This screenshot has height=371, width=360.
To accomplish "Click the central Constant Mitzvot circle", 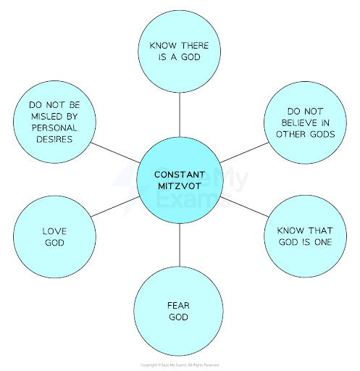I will (180, 181).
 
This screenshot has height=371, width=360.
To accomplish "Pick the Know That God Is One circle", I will (304, 235).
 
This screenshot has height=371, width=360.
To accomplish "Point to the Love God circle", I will (54, 236).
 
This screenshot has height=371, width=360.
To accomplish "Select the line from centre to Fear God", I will (179, 246).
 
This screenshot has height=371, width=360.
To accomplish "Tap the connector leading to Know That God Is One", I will (246, 207).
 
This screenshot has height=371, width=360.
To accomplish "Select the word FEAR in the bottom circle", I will (178, 305).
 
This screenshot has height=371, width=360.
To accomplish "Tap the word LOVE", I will (54, 231).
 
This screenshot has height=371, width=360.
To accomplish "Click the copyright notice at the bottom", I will (180, 364).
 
